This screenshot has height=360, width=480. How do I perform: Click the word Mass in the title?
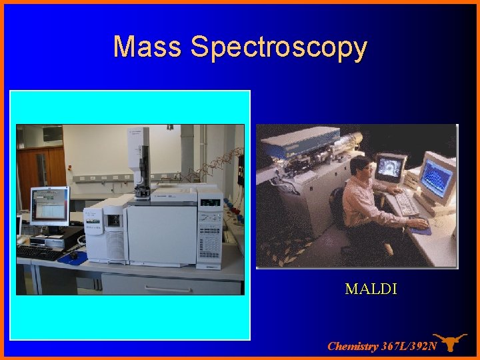(x=147, y=47)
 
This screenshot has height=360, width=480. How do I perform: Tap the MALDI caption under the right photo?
(x=371, y=289)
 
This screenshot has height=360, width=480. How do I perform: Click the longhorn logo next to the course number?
(x=449, y=342)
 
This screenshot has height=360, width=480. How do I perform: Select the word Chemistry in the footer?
(x=353, y=346)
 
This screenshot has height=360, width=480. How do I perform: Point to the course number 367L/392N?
(x=409, y=346)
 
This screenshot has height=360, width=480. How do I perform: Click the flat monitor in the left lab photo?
(x=49, y=206)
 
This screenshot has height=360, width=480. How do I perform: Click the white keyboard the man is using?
(x=403, y=203)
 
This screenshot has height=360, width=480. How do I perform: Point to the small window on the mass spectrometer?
(x=114, y=219)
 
